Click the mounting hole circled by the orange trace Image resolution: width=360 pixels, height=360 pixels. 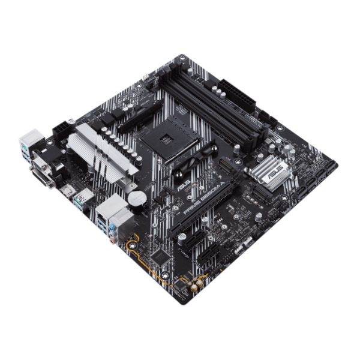point(131,244)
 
